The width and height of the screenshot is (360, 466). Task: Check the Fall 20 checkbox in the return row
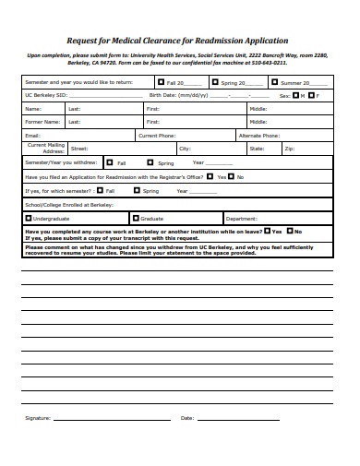pyautogui.click(x=160, y=81)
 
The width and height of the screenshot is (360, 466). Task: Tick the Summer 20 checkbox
pyautogui.click(x=273, y=81)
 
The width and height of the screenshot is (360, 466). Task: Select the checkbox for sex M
pyautogui.click(x=296, y=95)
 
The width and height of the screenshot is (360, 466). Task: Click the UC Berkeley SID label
pyautogui.click(x=46, y=95)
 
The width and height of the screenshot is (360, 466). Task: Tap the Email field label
pyautogui.click(x=33, y=135)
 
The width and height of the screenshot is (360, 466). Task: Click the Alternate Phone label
pyautogui.click(x=260, y=135)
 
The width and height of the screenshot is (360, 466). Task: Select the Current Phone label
pyautogui.click(x=156, y=135)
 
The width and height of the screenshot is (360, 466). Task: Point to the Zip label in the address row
pyautogui.click(x=289, y=148)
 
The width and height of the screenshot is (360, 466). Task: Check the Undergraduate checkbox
pyautogui.click(x=28, y=219)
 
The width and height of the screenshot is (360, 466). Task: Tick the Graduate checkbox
pyautogui.click(x=135, y=219)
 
